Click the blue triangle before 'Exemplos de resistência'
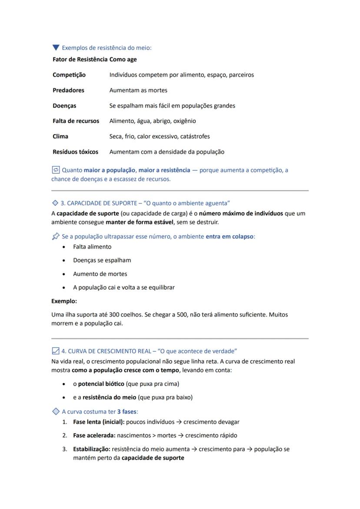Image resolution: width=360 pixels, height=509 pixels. point(56,47)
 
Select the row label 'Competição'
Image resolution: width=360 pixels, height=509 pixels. point(69,75)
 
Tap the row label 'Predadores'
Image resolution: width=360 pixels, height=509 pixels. point(68,90)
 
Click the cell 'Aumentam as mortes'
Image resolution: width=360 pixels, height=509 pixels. point(138,90)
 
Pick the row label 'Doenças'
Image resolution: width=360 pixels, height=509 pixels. point(64,106)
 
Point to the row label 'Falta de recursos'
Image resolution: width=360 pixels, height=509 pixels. point(76,121)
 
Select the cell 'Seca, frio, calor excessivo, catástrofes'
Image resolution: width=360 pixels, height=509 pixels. point(159,136)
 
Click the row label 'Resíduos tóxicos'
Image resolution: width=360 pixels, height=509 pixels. point(75,152)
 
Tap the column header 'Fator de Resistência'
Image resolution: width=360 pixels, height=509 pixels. point(80,60)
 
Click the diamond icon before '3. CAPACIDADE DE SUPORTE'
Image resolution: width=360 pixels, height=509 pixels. point(55,203)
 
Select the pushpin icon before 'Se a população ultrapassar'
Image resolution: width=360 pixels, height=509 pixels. point(55,236)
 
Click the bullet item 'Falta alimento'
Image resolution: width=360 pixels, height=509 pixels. point(92,247)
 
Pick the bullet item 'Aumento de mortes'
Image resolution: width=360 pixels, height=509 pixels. point(100,274)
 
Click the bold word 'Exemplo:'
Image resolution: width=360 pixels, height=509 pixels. point(64,301)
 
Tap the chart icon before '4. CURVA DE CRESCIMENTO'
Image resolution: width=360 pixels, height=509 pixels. point(55,351)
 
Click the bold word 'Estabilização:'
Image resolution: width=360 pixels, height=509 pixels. point(91,449)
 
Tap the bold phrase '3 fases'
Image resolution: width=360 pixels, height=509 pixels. point(127,411)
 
